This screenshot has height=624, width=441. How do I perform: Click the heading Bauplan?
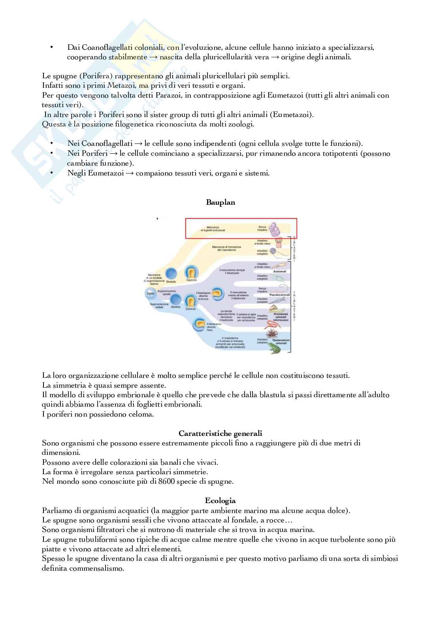tap(220, 202)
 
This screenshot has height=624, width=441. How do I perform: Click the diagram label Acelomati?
tap(279, 271)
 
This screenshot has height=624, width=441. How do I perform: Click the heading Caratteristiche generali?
tap(220, 434)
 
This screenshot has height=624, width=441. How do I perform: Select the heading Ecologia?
tap(220, 501)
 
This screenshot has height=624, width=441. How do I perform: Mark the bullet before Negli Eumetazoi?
tap(51, 173)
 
